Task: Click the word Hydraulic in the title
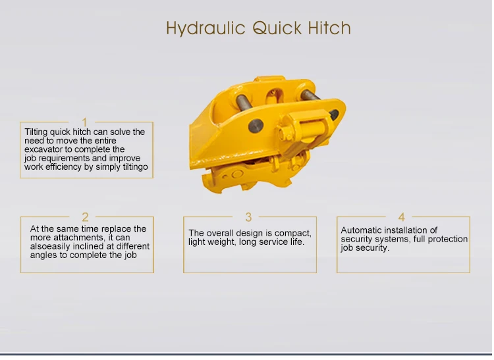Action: coord(206,28)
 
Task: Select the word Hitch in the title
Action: coord(329,28)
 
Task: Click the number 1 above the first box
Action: coord(84,122)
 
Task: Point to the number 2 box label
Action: coord(85,217)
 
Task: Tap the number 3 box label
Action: coord(248,217)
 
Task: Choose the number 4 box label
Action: coord(401,217)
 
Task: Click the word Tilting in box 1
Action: coord(36,132)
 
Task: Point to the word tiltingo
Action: coord(135,167)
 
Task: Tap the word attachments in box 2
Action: coord(79,238)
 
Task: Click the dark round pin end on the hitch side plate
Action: coord(256,126)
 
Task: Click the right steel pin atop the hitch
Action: coord(310,95)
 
